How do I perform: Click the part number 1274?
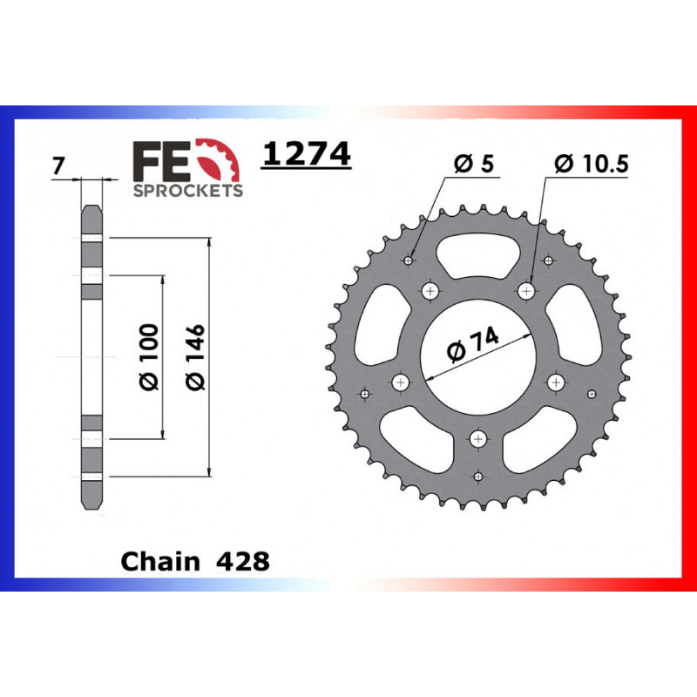(x=307, y=154)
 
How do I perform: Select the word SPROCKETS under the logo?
(x=187, y=190)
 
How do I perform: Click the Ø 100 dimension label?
(x=149, y=356)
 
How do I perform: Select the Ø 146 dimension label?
(x=194, y=356)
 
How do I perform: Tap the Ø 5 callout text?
(x=474, y=164)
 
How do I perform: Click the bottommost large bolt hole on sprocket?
(x=477, y=438)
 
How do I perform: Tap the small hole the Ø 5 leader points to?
(x=409, y=260)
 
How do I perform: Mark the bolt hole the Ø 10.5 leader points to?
(x=526, y=290)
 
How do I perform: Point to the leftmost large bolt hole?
(x=401, y=381)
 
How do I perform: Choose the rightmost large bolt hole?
(x=555, y=381)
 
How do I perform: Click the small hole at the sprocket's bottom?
(x=477, y=476)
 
